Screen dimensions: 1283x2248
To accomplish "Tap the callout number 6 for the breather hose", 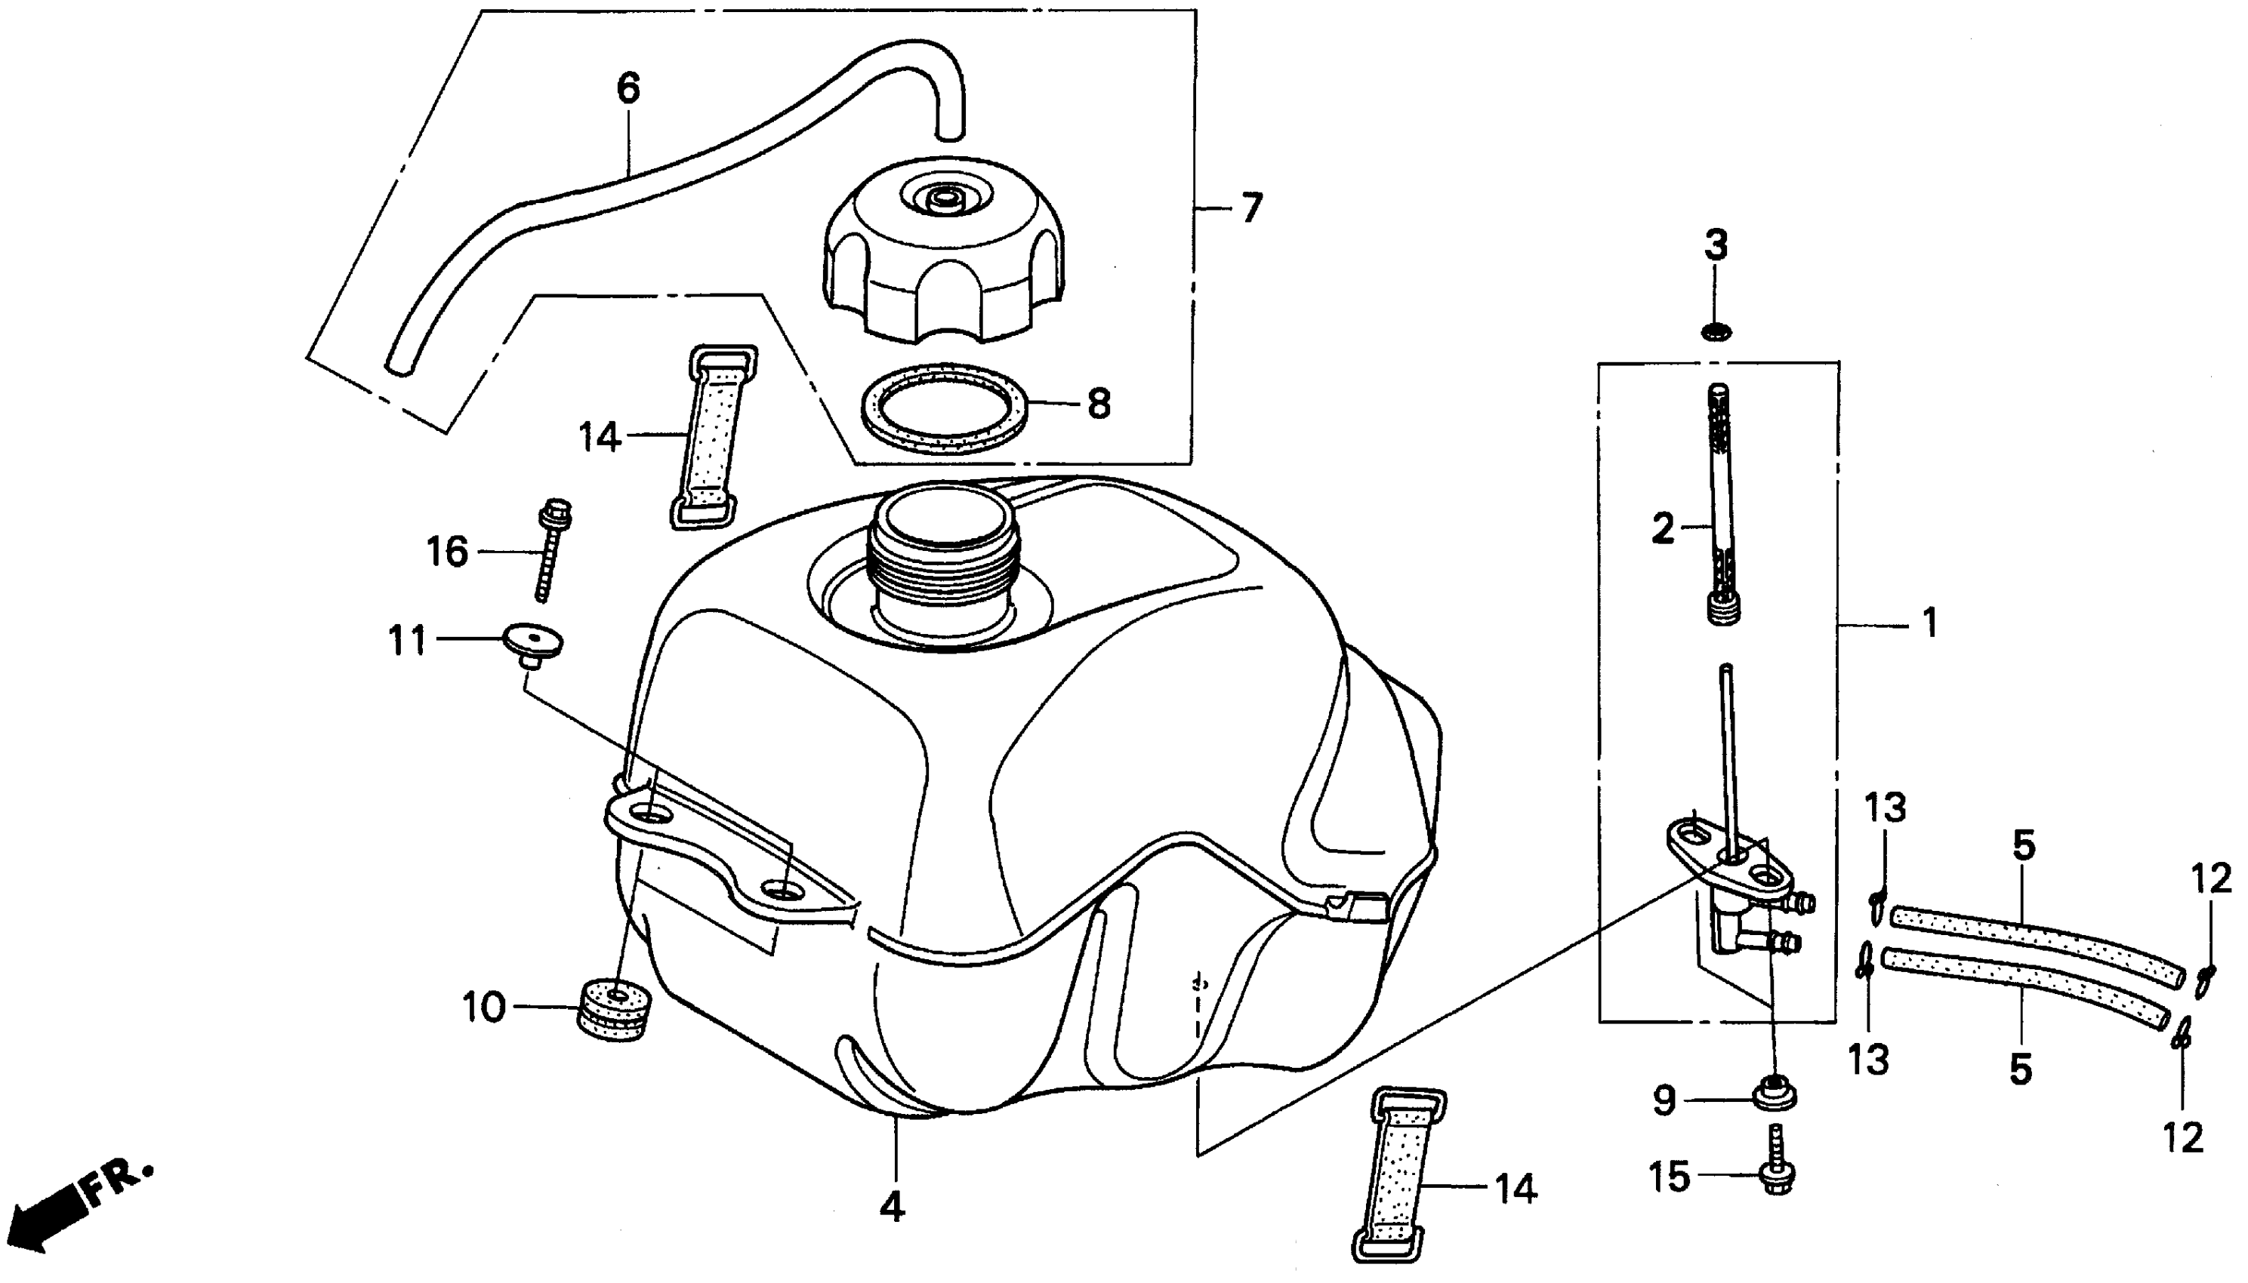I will click(x=628, y=89).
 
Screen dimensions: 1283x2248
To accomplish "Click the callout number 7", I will click(x=1251, y=209).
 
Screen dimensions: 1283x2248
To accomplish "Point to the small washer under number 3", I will click(x=1716, y=332).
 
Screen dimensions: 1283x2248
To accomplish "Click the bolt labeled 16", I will click(x=552, y=551).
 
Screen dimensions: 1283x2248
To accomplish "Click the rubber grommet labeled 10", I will click(x=616, y=1010).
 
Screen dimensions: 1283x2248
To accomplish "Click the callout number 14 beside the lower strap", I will click(x=1516, y=1189).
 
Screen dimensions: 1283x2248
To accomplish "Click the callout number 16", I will click(x=447, y=552).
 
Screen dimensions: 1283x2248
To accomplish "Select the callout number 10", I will click(x=484, y=1008).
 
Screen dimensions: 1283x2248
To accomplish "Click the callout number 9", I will click(x=1664, y=1100).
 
